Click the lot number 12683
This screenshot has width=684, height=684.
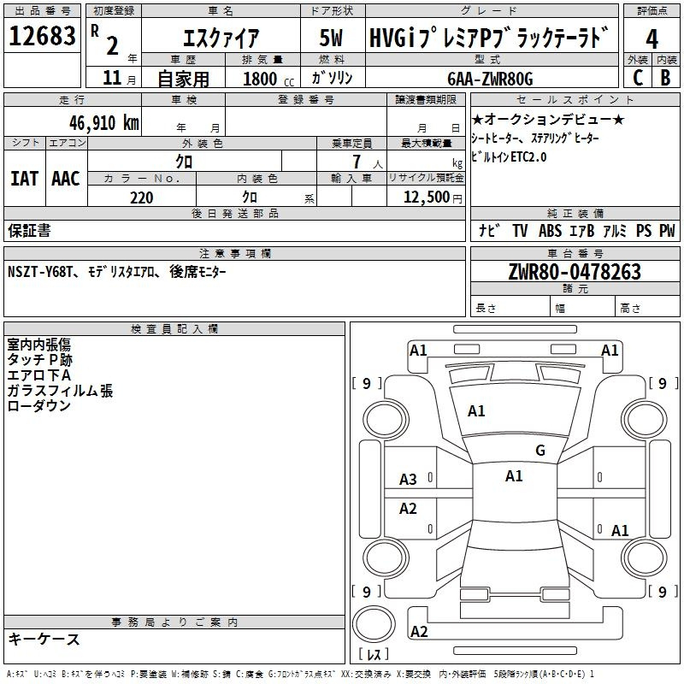coord(42,36)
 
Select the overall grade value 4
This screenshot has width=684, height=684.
coord(652,39)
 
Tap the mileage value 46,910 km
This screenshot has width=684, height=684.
coord(104,123)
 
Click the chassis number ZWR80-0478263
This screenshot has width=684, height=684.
coord(575,272)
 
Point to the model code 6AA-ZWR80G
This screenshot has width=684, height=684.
coord(490,79)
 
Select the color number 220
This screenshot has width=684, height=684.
coord(142,198)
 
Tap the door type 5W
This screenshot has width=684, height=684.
coord(331,38)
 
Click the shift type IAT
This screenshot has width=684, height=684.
coord(25,179)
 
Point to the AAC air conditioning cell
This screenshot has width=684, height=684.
coord(66,179)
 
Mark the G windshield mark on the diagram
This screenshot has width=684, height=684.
coord(540,451)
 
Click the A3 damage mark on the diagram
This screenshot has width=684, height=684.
coord(408,480)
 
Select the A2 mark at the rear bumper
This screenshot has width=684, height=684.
coord(419,631)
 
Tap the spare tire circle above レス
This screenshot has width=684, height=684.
coord(374,624)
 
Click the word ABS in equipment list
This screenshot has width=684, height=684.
coord(550,230)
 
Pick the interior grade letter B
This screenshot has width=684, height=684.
coord(665,78)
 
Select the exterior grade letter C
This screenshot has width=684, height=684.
coord(638,78)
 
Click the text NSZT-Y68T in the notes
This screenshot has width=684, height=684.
coord(39,272)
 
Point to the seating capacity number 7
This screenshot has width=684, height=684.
coord(357,162)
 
